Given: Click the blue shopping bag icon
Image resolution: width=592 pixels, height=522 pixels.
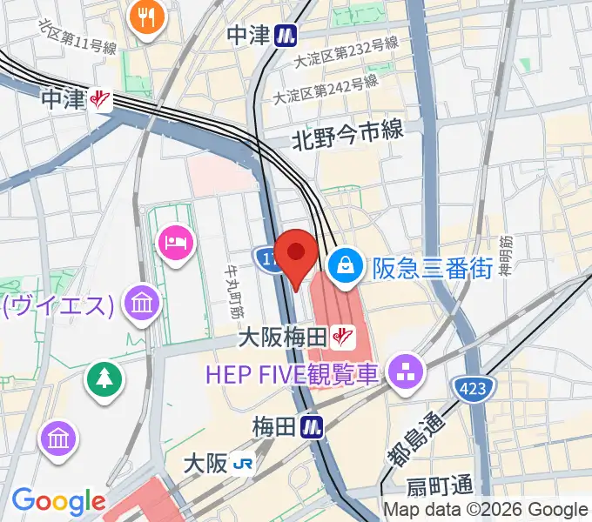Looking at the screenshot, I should pos(346,264).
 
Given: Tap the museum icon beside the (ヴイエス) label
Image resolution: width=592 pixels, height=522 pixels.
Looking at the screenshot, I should pos(139,304).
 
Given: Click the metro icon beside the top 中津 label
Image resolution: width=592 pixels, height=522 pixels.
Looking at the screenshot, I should pos(284,36).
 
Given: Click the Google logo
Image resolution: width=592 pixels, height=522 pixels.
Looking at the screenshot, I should pos(57,501).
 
